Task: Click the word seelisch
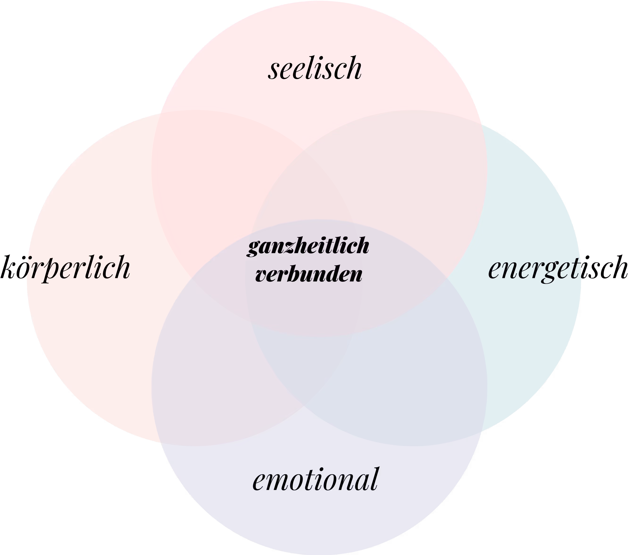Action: point(315,68)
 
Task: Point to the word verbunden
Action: point(309,275)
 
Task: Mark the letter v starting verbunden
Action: point(261,276)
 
